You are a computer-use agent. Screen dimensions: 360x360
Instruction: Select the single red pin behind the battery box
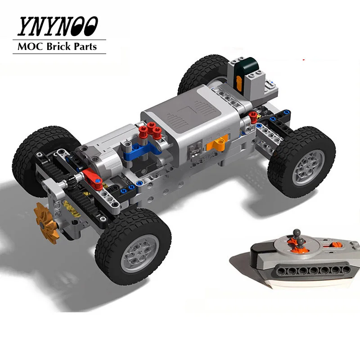coord(253,116)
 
